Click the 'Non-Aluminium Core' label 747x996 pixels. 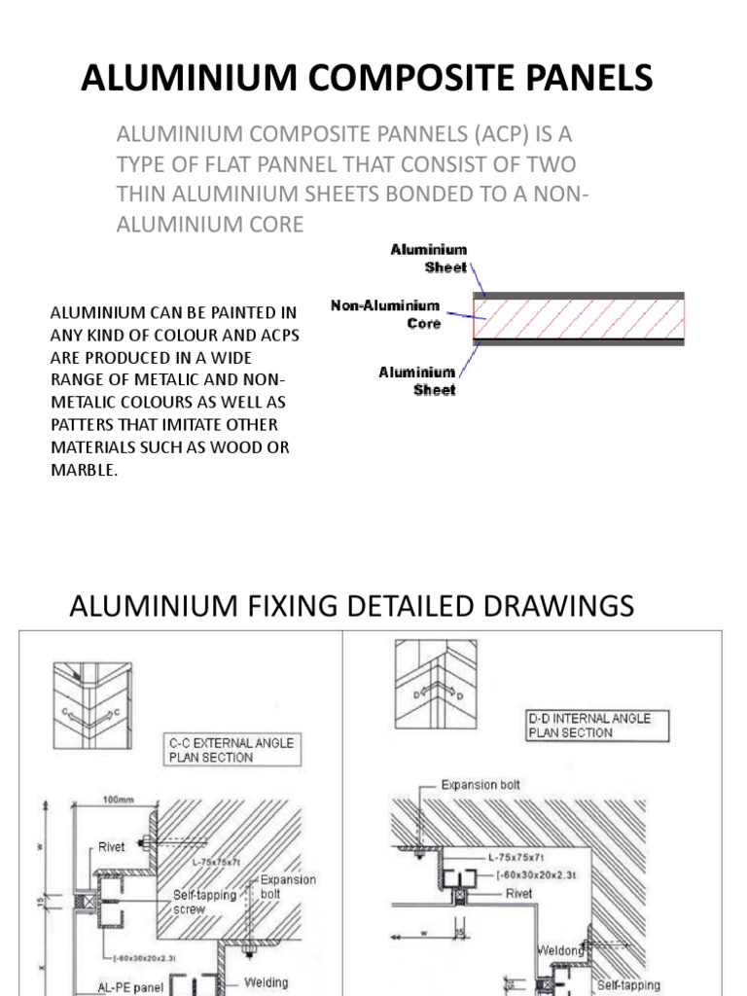[x=386, y=314]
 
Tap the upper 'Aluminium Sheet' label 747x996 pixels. [x=429, y=258]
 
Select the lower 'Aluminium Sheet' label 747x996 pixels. [x=417, y=380]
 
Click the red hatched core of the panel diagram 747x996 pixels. [x=578, y=318]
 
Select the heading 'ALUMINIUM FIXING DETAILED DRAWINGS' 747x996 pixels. [x=352, y=606]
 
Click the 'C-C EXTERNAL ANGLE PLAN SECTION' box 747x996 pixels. [x=231, y=749]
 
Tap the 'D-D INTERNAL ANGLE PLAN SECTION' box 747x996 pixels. [x=589, y=726]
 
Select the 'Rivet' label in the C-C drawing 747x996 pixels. [x=112, y=847]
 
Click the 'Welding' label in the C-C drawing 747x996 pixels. [x=266, y=982]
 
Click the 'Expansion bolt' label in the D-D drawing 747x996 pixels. [x=480, y=784]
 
